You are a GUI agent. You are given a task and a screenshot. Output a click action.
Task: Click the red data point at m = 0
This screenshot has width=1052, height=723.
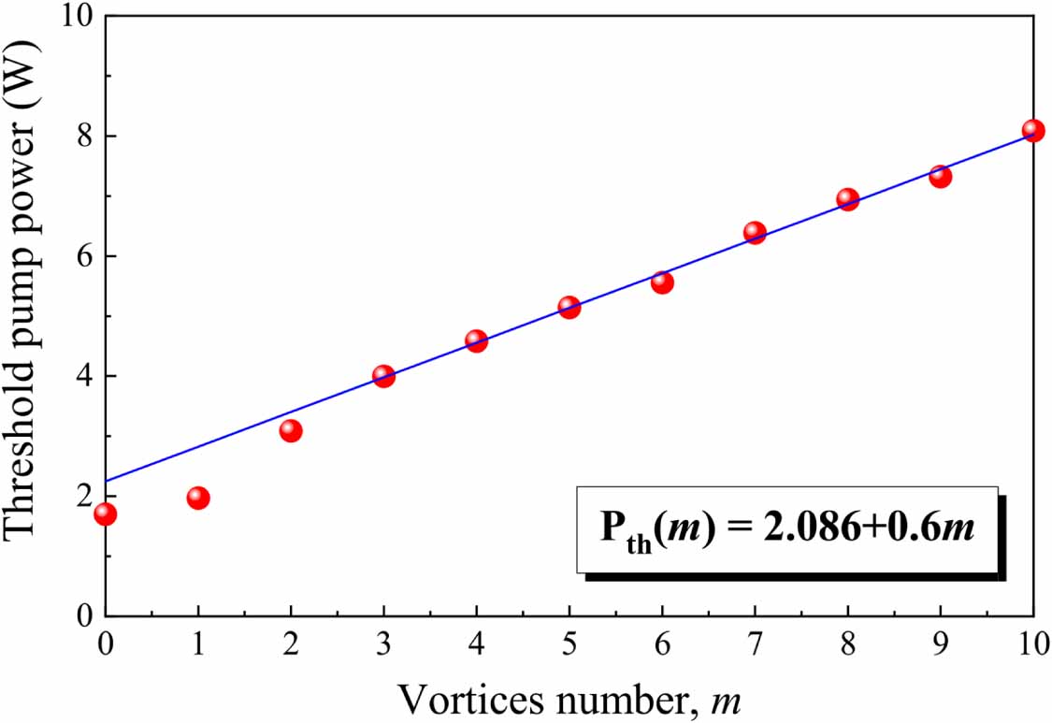pyautogui.click(x=105, y=513)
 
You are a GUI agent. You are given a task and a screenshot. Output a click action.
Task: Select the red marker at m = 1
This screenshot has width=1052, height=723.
pyautogui.click(x=197, y=498)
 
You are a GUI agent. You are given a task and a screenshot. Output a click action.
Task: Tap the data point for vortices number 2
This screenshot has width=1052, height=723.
pyautogui.click(x=291, y=430)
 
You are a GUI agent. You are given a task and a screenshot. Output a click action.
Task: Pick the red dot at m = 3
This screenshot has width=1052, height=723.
pyautogui.click(x=383, y=376)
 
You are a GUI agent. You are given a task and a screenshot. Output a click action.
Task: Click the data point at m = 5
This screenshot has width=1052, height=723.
pyautogui.click(x=569, y=307)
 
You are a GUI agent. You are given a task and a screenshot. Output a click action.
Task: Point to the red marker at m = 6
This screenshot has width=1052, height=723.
pyautogui.click(x=662, y=282)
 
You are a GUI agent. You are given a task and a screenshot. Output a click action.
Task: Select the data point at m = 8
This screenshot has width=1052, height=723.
pyautogui.click(x=847, y=199)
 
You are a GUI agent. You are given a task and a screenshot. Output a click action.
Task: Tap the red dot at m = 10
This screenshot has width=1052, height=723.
pyautogui.click(x=1032, y=131)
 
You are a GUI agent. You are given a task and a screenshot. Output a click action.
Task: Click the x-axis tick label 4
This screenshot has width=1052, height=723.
pyautogui.click(x=476, y=646)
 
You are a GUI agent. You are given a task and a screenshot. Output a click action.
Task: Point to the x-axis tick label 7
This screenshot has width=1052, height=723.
pyautogui.click(x=755, y=646)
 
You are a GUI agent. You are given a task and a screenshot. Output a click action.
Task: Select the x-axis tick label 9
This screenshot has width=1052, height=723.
pyautogui.click(x=940, y=646)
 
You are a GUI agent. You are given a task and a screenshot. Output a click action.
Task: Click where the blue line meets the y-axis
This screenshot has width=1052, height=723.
pyautogui.click(x=106, y=481)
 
